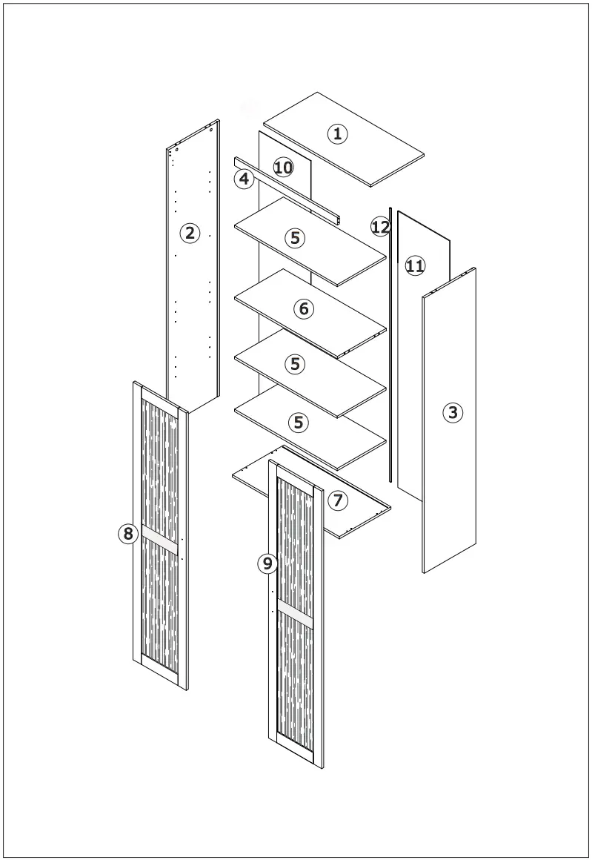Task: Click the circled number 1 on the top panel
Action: click(337, 133)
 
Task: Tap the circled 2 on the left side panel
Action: click(190, 233)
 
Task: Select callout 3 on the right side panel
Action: click(453, 412)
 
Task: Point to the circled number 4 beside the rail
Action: click(245, 179)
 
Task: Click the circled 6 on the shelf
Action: click(303, 308)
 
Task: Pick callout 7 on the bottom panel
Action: click(337, 500)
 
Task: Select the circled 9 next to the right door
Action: click(267, 564)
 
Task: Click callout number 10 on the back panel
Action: click(283, 167)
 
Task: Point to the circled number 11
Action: click(415, 265)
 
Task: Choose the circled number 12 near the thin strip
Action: click(380, 227)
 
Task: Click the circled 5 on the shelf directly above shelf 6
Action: click(295, 238)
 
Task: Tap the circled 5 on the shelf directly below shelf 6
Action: click(295, 364)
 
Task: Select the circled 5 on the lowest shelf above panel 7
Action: click(298, 423)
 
